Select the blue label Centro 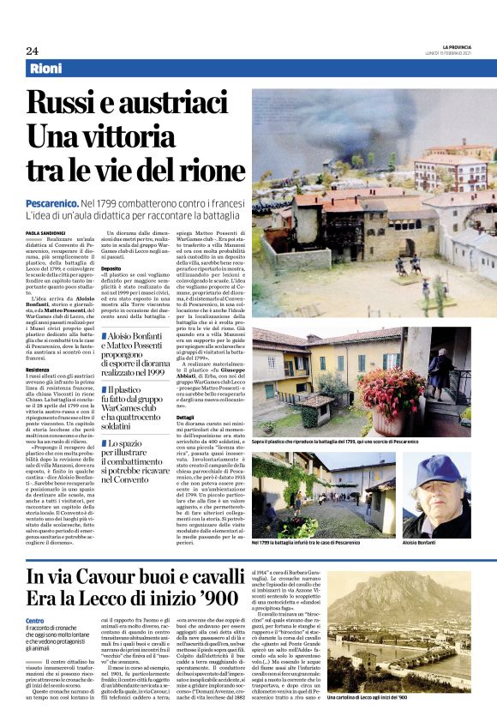pyautogui.click(x=34, y=620)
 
